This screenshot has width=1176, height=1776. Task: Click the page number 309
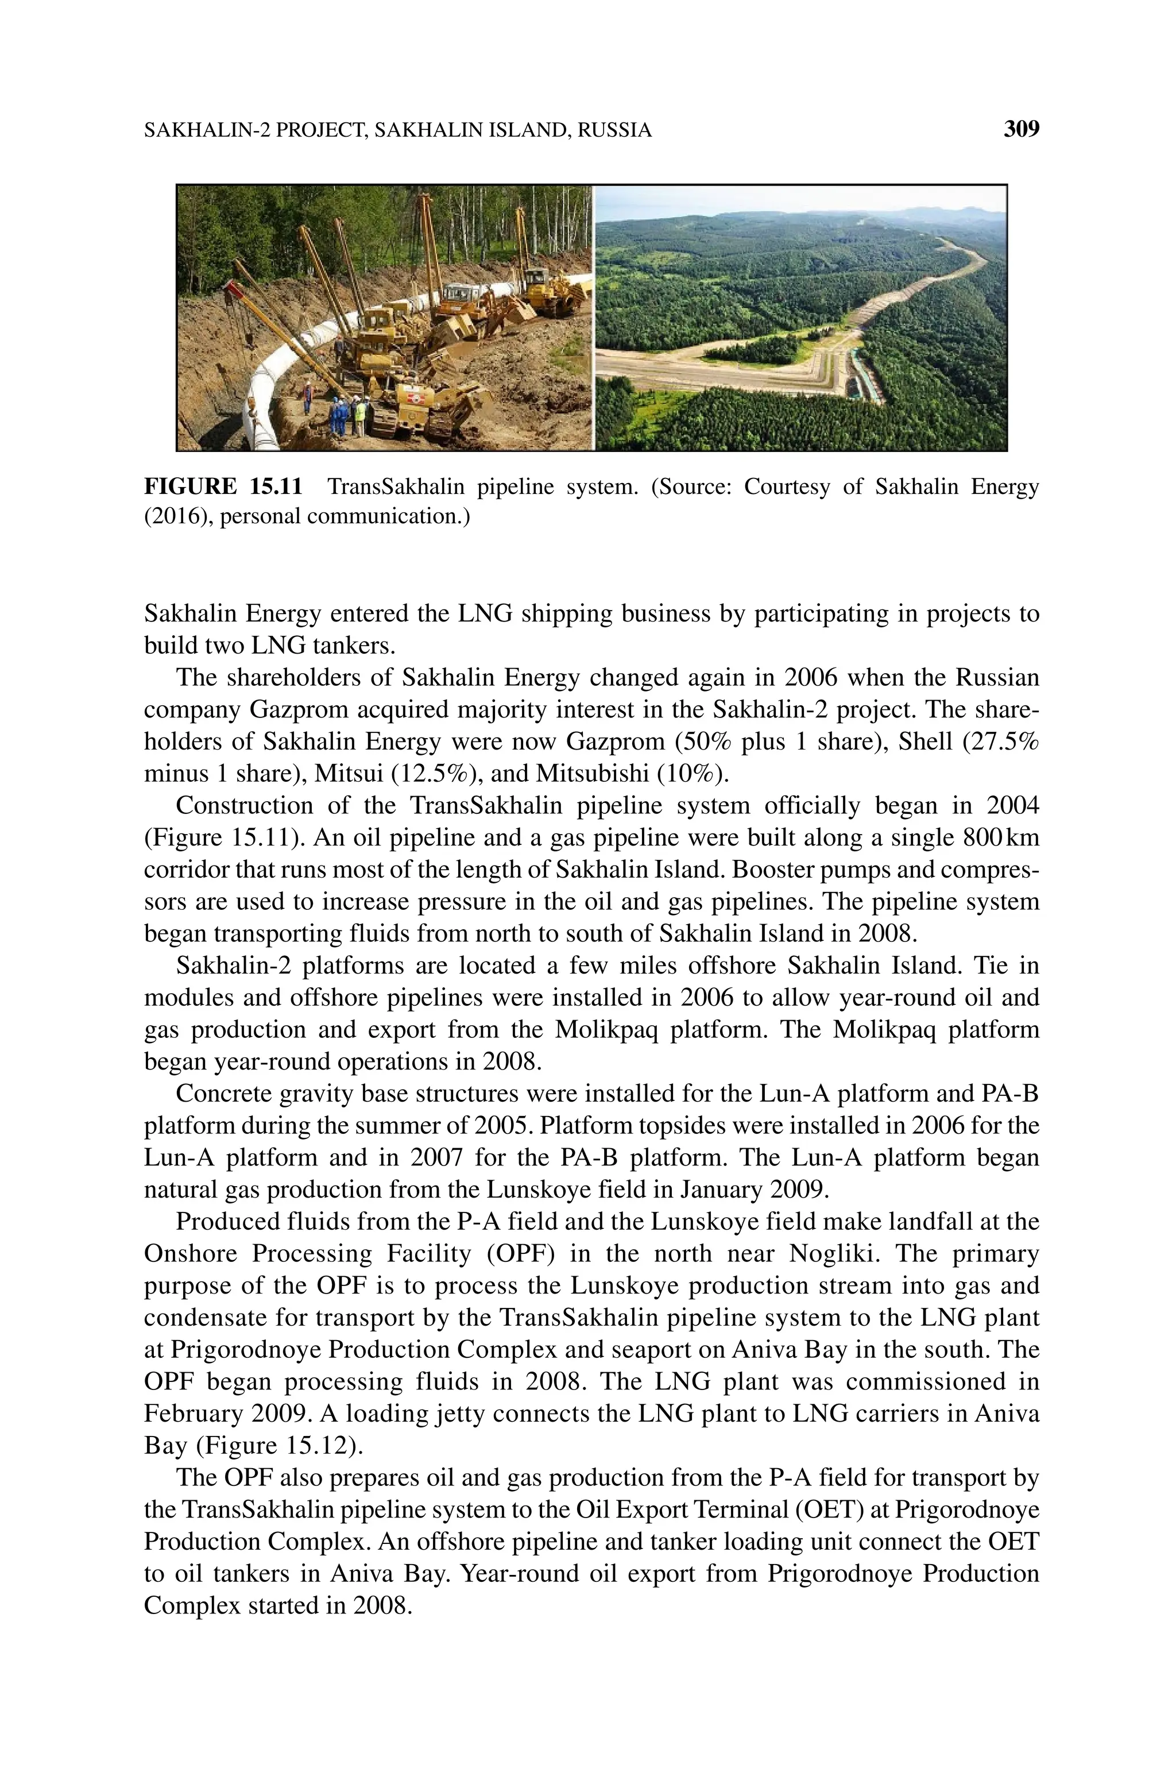tap(1021, 130)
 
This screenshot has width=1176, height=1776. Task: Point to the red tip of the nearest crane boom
tap(232, 287)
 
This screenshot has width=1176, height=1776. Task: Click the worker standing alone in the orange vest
tap(308, 397)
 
